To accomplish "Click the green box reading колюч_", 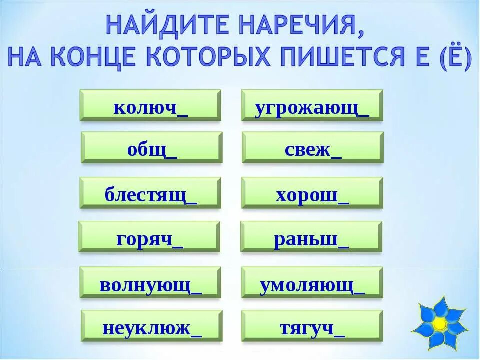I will pos(150,105).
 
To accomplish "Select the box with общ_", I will pos(152,147).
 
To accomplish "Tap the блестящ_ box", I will pos(150,193).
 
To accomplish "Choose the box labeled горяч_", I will pos(149,237).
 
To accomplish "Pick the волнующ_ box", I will pos(150,282).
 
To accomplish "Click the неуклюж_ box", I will pos(152,326).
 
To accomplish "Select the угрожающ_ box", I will pos(312,105).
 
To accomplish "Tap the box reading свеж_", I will pos(313,147).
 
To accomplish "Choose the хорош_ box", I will pos(312,193).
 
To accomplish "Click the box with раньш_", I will pos(311,237).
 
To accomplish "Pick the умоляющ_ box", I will pos(312,282).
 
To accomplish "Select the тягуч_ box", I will pos(312,326).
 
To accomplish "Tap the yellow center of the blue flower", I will pos(440,324).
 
